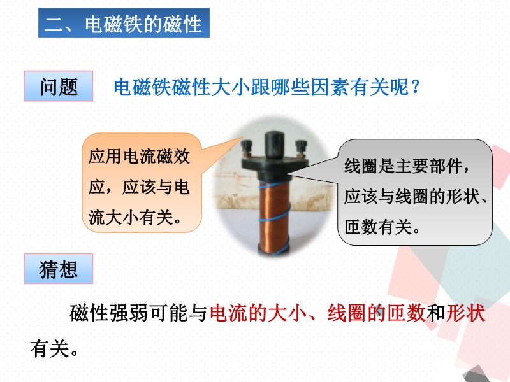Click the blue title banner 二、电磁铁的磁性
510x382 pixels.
tap(124, 23)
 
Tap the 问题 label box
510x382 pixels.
tap(59, 86)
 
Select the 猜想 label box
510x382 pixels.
tap(59, 269)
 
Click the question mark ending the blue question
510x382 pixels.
tap(416, 87)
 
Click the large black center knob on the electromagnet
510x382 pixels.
tap(274, 145)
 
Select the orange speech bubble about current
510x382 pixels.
tap(142, 183)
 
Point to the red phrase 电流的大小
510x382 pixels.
tap(259, 313)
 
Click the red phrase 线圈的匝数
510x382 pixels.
tap(376, 313)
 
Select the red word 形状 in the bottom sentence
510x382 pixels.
tap(465, 313)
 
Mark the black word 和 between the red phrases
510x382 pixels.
tap(435, 313)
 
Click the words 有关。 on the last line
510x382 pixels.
tap(54, 348)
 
